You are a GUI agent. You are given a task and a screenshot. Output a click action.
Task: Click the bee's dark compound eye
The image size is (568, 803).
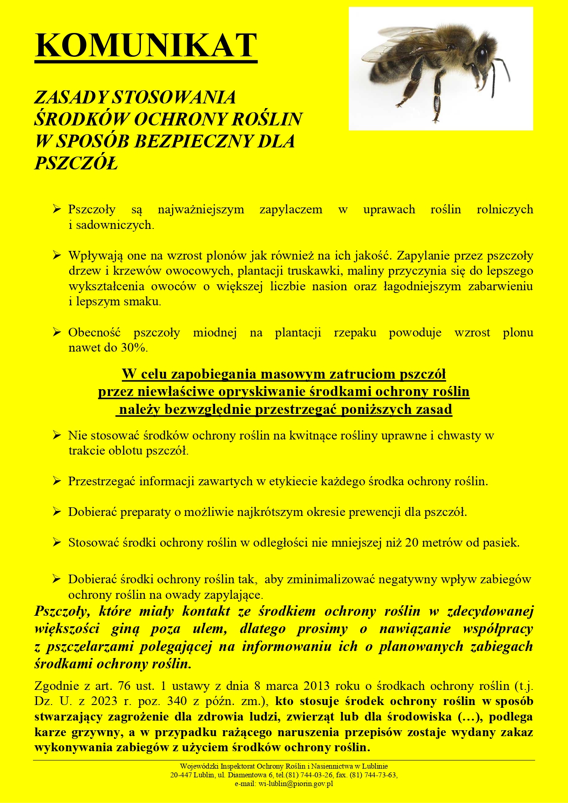click(481, 56)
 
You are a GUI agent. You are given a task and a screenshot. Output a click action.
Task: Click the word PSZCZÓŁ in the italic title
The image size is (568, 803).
click(76, 163)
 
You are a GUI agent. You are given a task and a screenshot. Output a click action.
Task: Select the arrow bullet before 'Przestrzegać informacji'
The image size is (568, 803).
click(56, 481)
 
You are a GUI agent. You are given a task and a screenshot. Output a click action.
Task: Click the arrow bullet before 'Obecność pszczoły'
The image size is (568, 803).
click(56, 332)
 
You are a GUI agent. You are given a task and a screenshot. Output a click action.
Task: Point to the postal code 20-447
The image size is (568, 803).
click(180, 775)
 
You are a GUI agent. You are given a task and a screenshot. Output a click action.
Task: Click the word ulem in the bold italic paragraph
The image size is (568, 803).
click(210, 629)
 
